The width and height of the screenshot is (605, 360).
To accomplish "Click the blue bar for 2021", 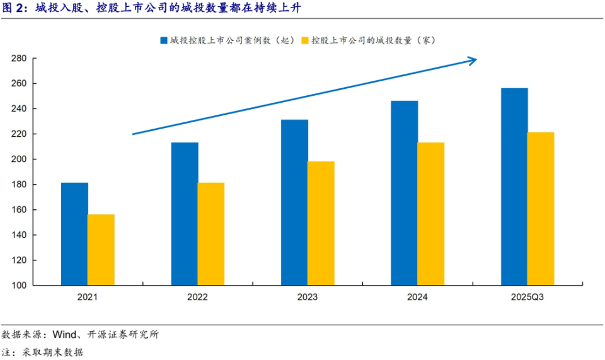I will [74, 234].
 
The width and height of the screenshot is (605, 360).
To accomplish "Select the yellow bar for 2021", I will [101, 250].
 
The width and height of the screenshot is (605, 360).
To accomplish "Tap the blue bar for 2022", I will [185, 214].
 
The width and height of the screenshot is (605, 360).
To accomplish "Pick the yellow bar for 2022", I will [210, 234].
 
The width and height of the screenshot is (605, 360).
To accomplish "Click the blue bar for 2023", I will [294, 202].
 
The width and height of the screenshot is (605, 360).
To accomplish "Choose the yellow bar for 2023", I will [321, 223].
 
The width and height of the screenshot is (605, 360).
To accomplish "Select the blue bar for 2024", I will [404, 193].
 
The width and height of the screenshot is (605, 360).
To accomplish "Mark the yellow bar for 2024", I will [431, 214].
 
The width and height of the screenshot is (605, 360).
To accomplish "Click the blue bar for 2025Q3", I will [514, 187].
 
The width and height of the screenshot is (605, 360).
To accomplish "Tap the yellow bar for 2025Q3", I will [541, 209].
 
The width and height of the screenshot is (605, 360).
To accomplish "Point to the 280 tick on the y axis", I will [18, 59].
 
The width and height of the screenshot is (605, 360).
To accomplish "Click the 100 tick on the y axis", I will [18, 286].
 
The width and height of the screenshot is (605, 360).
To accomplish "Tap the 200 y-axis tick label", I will [18, 160].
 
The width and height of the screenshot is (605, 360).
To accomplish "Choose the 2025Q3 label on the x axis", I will [527, 297].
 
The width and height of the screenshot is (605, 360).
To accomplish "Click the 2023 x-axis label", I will [308, 297].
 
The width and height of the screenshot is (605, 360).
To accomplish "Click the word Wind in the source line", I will [66, 334].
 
